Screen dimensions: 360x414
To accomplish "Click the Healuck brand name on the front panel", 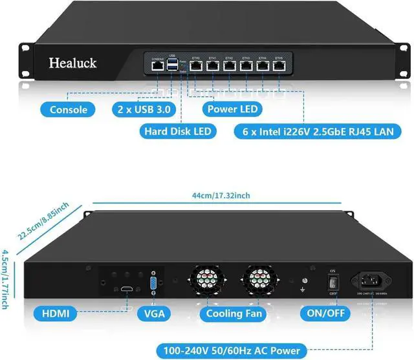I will click(x=72, y=63).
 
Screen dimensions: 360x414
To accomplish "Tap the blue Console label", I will click(x=68, y=109).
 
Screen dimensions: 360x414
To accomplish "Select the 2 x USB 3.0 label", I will click(x=144, y=109).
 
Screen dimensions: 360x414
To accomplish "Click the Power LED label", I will click(x=231, y=109).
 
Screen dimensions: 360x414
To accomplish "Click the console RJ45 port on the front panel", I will click(x=157, y=66).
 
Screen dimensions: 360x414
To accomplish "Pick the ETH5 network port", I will click(x=280, y=65).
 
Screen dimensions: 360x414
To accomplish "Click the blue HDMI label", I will click(x=54, y=314).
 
